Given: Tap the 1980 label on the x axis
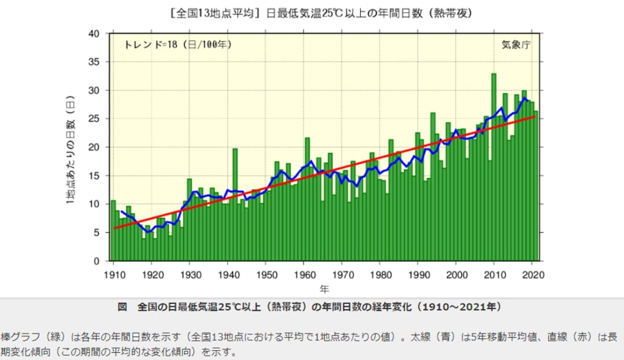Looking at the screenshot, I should coord(380,275).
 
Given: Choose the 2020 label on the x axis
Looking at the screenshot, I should coord(531,275).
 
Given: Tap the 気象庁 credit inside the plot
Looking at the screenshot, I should coord(515,44).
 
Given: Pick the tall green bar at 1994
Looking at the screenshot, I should coord(432,186).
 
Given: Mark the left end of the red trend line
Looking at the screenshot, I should coord(114,228).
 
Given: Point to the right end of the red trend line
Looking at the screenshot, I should coord(534,116).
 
